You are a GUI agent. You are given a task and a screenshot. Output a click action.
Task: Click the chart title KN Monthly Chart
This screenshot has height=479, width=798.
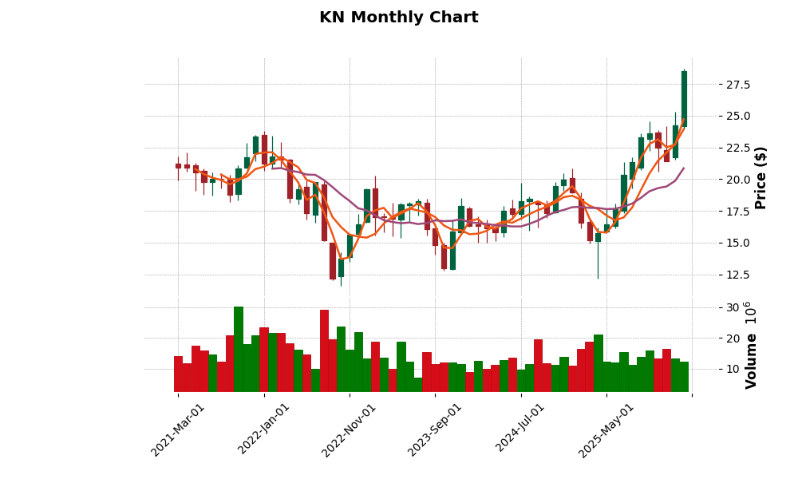[398, 18]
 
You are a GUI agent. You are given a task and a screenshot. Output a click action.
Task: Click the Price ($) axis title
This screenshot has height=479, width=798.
[760, 177]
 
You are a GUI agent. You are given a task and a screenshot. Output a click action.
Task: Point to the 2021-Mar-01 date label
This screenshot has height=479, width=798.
[179, 430]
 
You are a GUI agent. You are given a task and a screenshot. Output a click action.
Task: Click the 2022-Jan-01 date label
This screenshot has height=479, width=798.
[264, 430]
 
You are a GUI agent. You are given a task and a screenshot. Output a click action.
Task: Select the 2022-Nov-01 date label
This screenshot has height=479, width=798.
[350, 430]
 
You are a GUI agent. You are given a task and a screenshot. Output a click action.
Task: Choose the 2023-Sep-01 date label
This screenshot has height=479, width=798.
[435, 430]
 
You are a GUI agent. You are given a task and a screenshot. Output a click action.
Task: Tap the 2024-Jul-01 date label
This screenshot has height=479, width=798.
[520, 430]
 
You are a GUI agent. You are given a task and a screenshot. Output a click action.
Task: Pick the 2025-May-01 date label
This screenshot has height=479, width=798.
[606, 430]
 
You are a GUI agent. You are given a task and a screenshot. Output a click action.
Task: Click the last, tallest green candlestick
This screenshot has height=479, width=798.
[684, 98]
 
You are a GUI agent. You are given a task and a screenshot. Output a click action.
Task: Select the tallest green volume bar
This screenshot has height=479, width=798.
[239, 349]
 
